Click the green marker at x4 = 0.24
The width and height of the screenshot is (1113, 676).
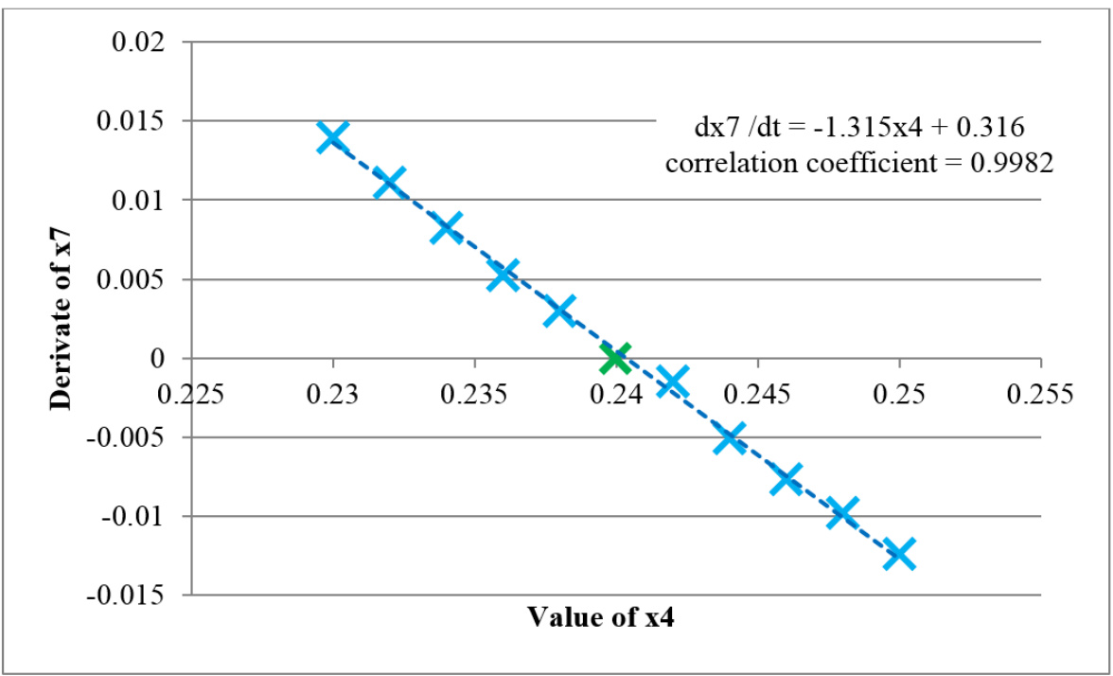coord(615,358)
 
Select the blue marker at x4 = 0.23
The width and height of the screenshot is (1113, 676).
coord(332,136)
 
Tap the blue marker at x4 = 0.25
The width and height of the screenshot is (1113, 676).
coord(899,554)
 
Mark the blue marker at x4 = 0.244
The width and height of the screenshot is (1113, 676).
coord(729,437)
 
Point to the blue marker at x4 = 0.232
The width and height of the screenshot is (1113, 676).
coord(389,181)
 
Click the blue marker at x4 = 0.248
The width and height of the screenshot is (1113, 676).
coord(842,512)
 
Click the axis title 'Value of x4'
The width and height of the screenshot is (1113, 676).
coord(602,618)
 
